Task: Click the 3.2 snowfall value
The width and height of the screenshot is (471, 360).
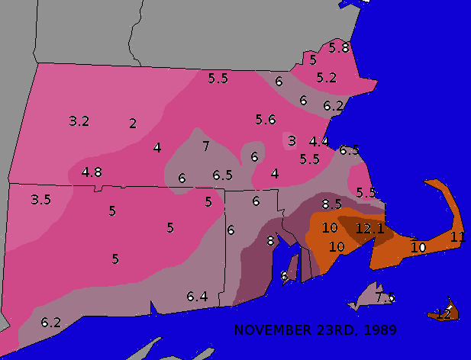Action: click(x=79, y=121)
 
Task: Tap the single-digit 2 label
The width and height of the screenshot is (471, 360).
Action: click(x=133, y=124)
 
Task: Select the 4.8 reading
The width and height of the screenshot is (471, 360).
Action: click(x=92, y=172)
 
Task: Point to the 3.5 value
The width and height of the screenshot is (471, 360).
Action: click(x=40, y=200)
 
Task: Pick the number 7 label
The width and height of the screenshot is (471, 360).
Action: click(x=205, y=146)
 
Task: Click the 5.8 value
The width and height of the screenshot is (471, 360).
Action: click(x=339, y=47)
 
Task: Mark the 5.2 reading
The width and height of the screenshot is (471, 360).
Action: click(x=327, y=77)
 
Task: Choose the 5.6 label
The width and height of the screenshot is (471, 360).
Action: click(x=266, y=119)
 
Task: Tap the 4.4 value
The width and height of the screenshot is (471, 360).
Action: click(x=319, y=141)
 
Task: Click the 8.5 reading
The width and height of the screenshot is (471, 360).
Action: click(x=331, y=204)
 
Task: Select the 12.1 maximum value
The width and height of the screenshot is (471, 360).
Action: click(x=369, y=228)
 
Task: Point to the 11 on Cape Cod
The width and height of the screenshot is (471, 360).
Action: click(x=458, y=236)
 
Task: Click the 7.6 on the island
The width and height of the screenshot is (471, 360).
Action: click(x=385, y=297)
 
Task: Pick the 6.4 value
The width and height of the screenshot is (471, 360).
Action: click(x=197, y=296)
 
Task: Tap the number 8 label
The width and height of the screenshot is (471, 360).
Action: click(x=270, y=241)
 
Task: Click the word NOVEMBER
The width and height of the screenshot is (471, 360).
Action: click(x=267, y=330)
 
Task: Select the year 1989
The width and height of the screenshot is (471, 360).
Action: click(x=380, y=330)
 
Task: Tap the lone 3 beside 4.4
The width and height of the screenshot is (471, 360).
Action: click(x=292, y=140)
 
